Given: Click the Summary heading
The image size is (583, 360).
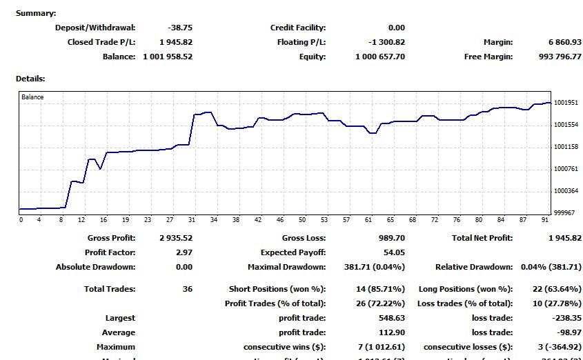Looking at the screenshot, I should pos(36,13).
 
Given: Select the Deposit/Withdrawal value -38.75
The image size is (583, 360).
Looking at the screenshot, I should pos(179,28).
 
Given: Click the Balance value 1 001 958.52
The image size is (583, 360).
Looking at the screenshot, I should pos(168,57).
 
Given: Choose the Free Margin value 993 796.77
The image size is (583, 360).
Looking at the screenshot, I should pos(557,57).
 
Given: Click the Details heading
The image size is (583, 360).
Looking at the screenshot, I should pos(30,79).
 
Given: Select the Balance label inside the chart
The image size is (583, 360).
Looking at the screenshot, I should pos(32,97).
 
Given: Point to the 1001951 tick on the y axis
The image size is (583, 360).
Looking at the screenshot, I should pos(566,103).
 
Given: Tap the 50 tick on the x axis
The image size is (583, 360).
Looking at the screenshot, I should pos(302,220).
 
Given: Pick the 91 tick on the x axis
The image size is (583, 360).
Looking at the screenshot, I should pos(546,220).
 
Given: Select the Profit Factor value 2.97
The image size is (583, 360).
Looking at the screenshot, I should pos(184,252).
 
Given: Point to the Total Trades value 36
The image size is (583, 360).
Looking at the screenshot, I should pos(187,289).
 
